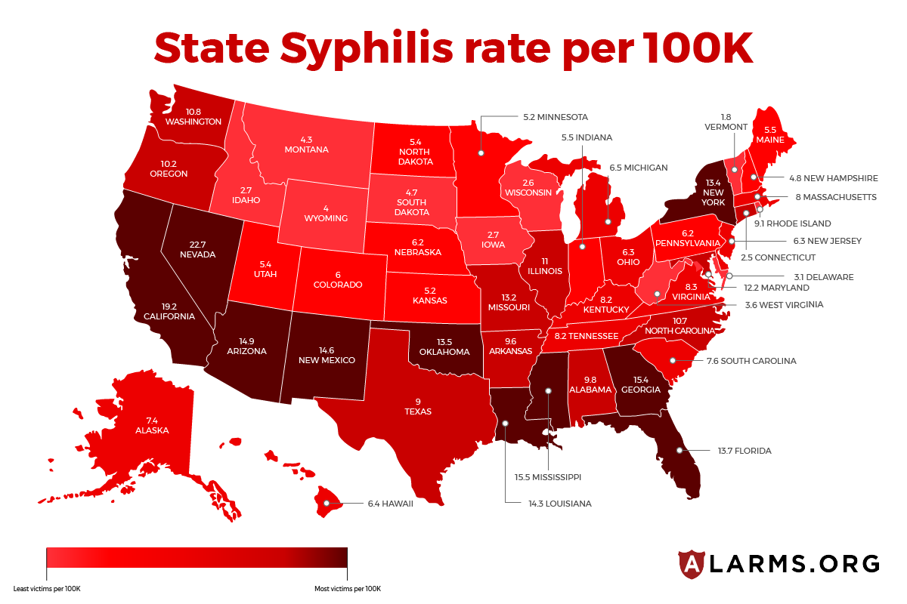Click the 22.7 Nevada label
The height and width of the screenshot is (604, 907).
click(197, 249)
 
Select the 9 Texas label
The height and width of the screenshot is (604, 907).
click(418, 406)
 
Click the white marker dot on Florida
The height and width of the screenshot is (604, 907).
click(679, 450)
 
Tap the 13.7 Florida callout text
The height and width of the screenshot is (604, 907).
click(744, 451)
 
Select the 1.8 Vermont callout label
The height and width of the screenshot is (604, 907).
click(726, 122)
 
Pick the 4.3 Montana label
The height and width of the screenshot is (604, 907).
click(307, 144)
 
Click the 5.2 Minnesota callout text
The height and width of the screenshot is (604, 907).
click(555, 117)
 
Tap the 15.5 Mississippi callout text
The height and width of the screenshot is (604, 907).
click(548, 477)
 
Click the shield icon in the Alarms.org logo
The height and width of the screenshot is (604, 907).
click(690, 564)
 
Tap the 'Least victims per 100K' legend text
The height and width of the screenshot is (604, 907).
click(47, 588)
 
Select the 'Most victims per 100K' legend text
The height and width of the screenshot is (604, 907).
click(348, 588)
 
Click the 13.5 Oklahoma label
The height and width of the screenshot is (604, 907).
click(439, 347)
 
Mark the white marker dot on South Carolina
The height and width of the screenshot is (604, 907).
click(673, 361)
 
